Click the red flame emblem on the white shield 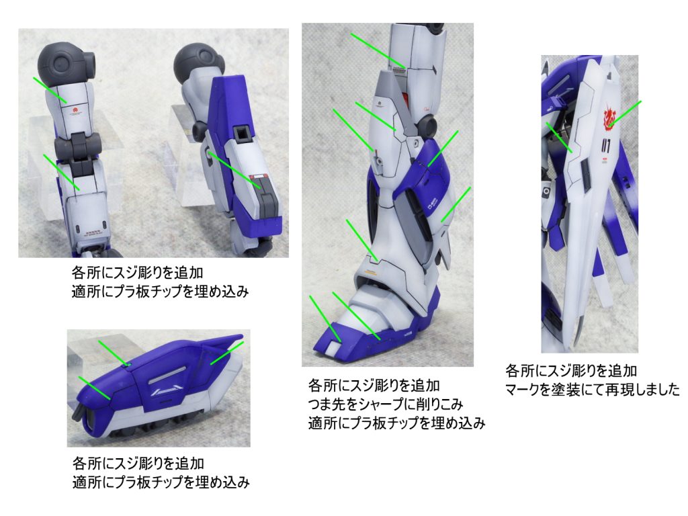[609, 117]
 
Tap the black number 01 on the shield [607, 145]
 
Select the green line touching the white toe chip [325, 318]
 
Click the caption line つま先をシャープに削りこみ [385, 404]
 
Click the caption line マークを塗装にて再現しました [592, 389]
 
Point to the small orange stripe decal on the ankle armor [371, 273]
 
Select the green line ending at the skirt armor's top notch [113, 352]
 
